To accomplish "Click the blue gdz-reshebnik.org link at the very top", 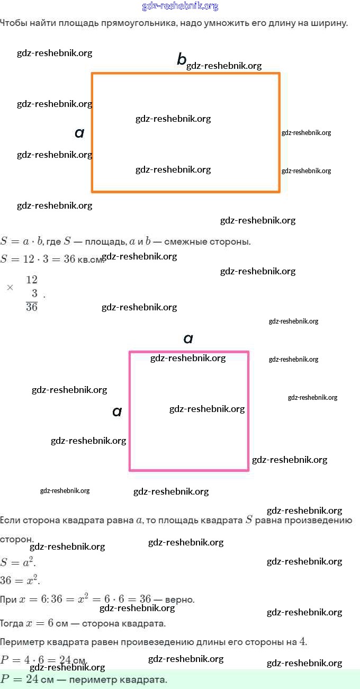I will pyautogui.click(x=180, y=6).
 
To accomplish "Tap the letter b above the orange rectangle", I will pyautogui.click(x=182, y=60).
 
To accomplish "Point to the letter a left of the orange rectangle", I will pyautogui.click(x=79, y=133).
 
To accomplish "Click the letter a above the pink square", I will pyautogui.click(x=188, y=339).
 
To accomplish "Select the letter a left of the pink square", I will pyautogui.click(x=117, y=411).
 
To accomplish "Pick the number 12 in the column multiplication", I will pyautogui.click(x=32, y=280).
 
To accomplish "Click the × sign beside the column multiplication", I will pyautogui.click(x=10, y=288).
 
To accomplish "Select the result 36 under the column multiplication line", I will pyautogui.click(x=32, y=307).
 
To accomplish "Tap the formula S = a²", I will pyautogui.click(x=19, y=562).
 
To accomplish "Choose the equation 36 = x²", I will pyautogui.click(x=20, y=580).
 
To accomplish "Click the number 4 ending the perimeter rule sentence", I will pyautogui.click(x=302, y=642).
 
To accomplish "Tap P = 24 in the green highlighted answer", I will pyautogui.click(x=20, y=679).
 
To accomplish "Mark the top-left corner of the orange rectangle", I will pyautogui.click(x=92, y=74).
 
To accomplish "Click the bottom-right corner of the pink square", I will pyautogui.click(x=248, y=469).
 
